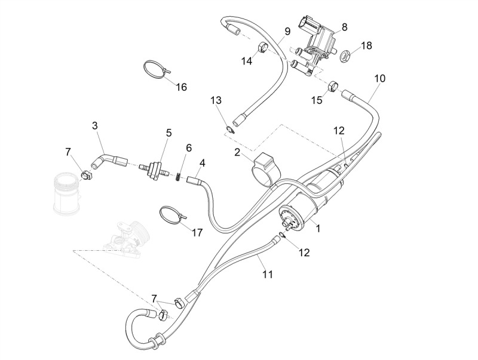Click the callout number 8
coord(344,27)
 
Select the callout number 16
coord(182,87)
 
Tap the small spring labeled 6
coord(179,176)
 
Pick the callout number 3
coord(95,125)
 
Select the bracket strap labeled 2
coord(265,169)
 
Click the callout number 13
coord(216,100)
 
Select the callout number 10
coord(380,78)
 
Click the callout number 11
coord(268,274)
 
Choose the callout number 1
coord(318,229)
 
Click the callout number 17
coord(197,233)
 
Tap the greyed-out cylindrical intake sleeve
coord(68,194)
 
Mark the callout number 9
coord(287,32)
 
